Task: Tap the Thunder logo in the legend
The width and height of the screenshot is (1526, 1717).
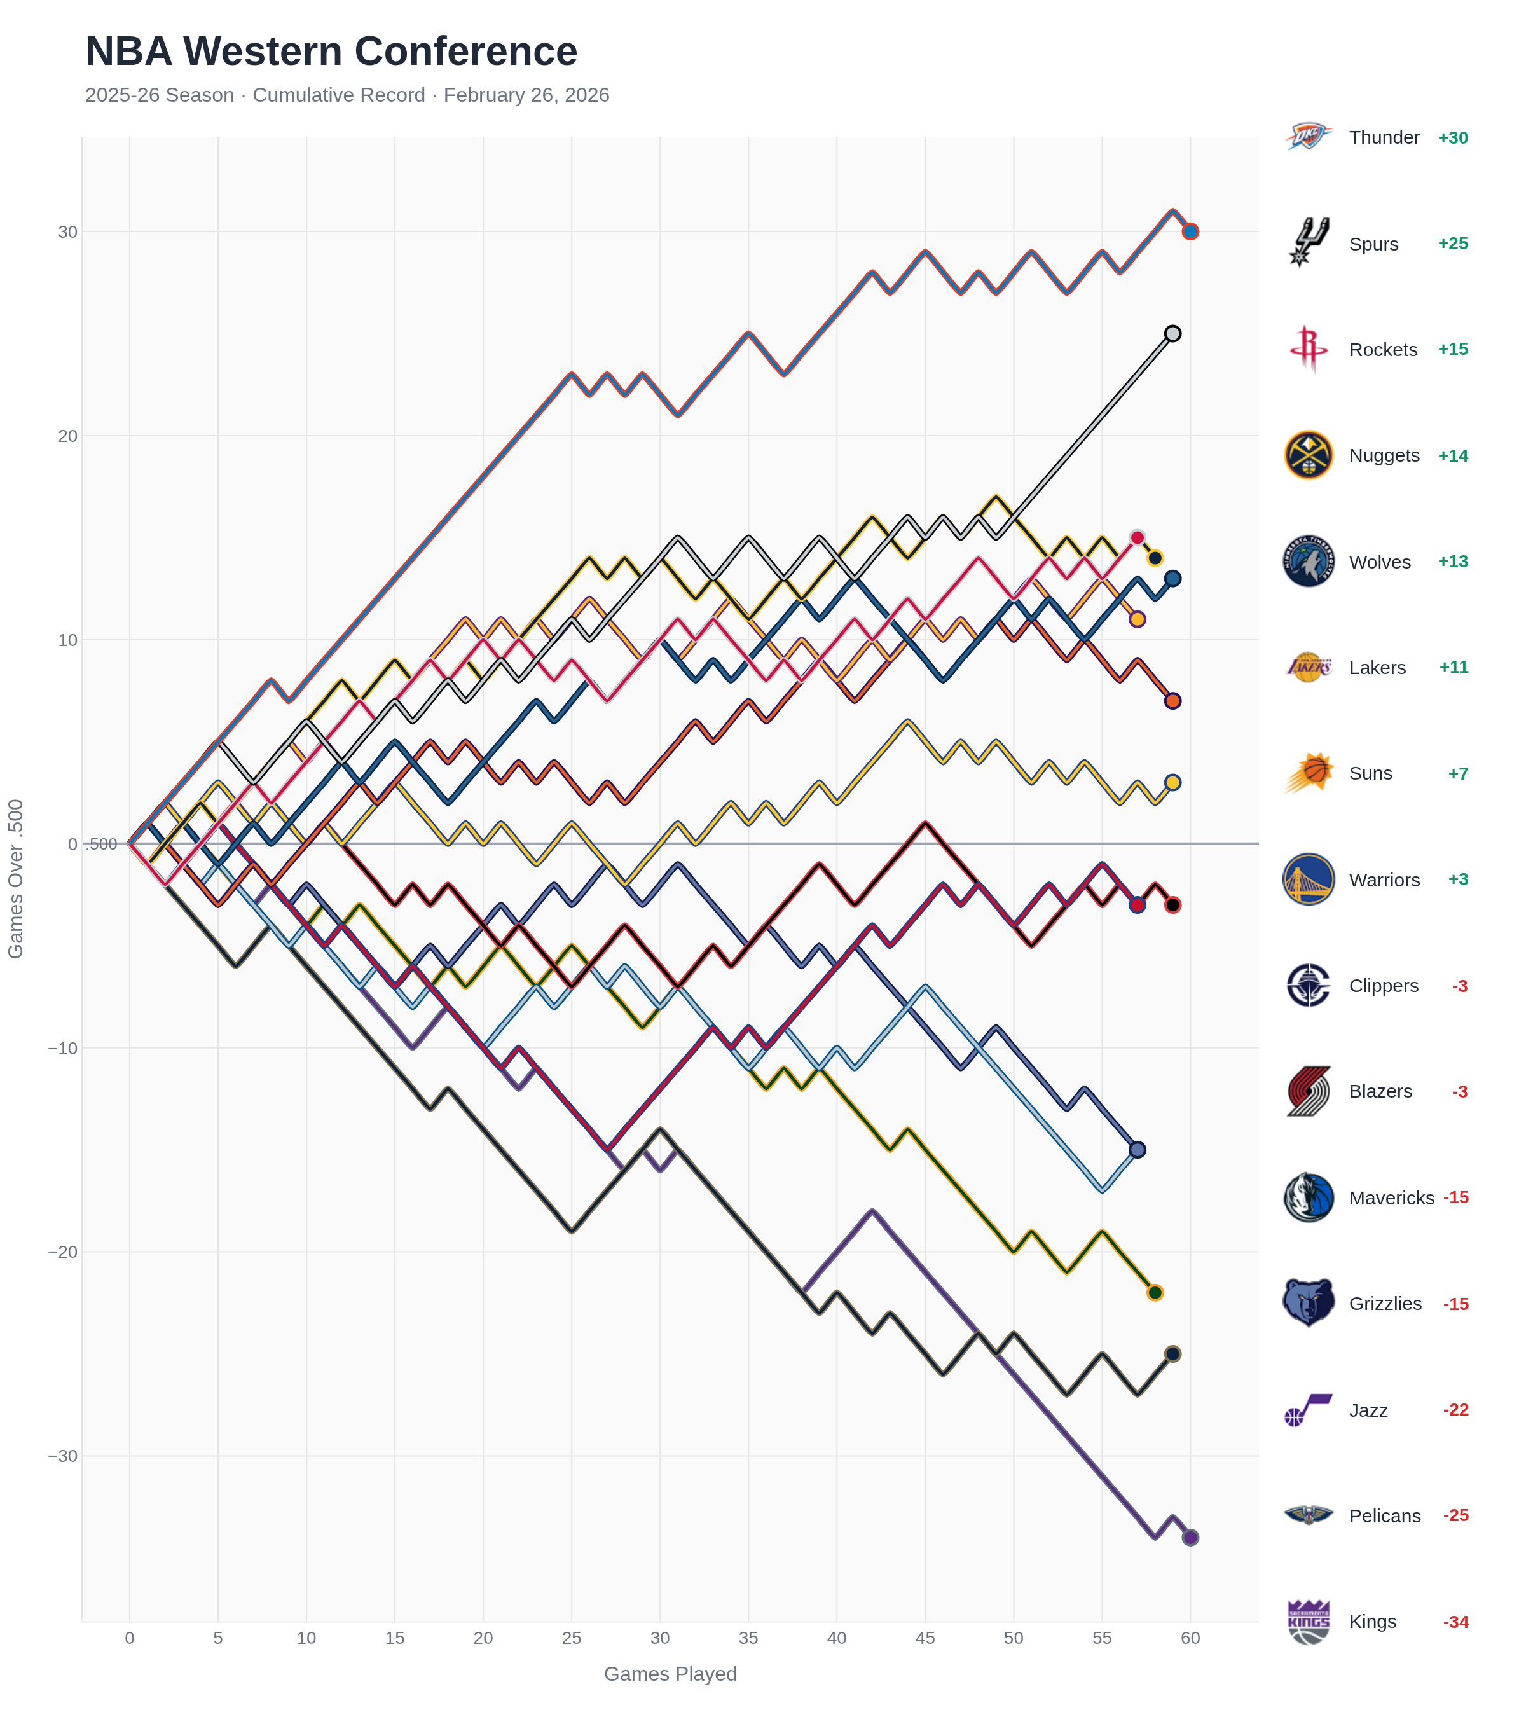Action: pos(1308,137)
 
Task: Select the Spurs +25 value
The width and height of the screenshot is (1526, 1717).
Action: pos(1452,244)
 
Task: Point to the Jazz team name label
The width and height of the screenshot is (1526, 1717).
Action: pos(1368,1410)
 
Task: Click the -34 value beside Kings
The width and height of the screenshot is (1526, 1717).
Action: pos(1455,1622)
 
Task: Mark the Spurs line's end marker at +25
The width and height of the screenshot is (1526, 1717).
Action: pos(1172,333)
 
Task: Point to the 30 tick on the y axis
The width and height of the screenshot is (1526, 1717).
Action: pos(67,232)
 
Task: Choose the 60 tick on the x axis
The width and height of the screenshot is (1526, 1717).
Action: pos(1190,1638)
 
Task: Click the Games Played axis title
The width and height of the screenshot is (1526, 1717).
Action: pos(670,1674)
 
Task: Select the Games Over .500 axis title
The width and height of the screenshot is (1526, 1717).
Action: pos(16,879)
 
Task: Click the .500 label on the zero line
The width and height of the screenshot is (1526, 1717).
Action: pos(102,845)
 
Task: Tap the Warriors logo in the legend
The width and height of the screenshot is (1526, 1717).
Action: pos(1308,879)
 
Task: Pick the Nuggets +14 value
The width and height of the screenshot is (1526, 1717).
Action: pos(1452,456)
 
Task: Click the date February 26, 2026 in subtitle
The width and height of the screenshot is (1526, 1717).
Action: pos(526,95)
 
